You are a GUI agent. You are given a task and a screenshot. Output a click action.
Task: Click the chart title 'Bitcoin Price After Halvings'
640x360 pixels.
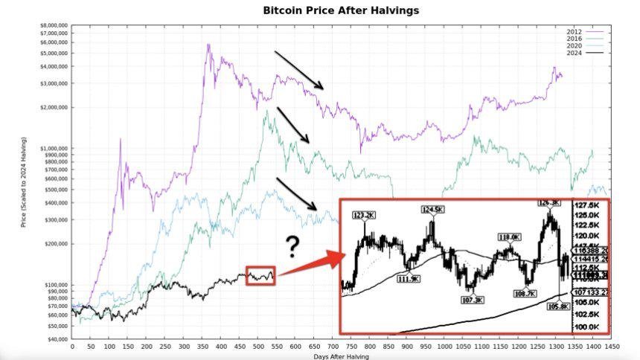341,10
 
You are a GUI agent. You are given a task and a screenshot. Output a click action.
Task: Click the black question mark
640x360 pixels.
293,246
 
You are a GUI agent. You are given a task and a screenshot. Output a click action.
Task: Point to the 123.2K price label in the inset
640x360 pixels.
365,215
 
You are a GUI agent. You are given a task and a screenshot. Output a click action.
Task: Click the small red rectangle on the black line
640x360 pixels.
260,276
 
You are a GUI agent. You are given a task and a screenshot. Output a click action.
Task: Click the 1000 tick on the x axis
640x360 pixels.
444,347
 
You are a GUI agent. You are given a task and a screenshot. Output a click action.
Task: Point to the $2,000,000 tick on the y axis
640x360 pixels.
53,107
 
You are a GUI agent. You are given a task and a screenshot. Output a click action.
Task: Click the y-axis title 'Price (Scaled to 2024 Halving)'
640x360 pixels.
24,181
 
